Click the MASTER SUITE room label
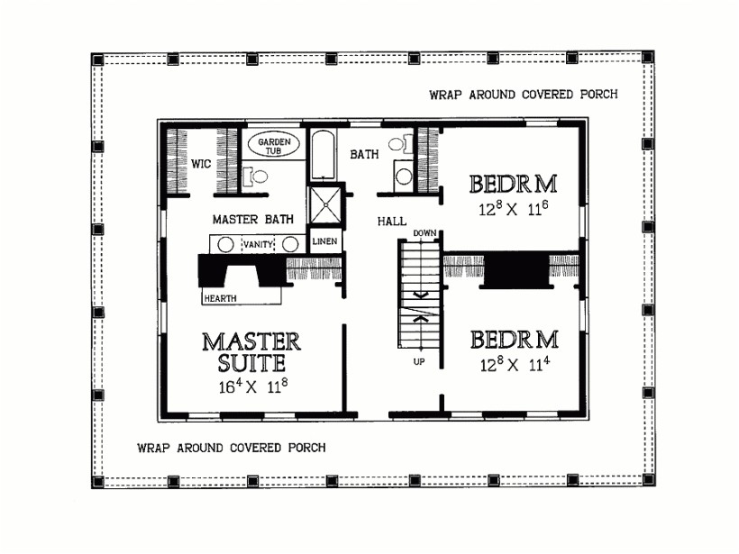(251, 352)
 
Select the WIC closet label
(200, 164)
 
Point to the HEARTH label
(220, 295)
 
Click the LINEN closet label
(324, 242)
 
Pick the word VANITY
(258, 244)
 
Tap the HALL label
(391, 220)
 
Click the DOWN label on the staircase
(425, 234)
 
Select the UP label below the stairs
(419, 361)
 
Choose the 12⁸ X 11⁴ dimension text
(514, 366)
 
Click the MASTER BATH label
(248, 219)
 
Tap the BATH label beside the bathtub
(364, 154)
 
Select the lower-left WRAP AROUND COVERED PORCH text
(231, 447)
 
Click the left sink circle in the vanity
(227, 244)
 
